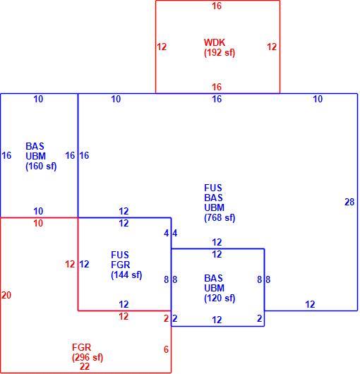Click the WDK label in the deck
tap(214, 42)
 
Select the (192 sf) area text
tap(220, 52)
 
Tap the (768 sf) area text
tap(220, 218)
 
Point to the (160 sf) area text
tap(41, 167)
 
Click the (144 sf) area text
tap(126, 275)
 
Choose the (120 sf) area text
tap(220, 298)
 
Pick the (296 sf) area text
tap(88, 357)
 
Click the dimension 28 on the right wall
tap(349, 203)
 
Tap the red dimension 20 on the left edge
tap(6, 295)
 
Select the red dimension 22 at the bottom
tap(85, 366)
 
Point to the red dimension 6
tap(167, 350)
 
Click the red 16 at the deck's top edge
tap(217, 6)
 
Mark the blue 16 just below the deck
tap(217, 99)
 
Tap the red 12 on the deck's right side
tap(272, 47)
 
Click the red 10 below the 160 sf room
tap(38, 224)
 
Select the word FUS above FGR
tap(120, 255)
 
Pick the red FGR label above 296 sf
tap(82, 347)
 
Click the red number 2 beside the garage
tap(167, 319)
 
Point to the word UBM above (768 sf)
tap(214, 207)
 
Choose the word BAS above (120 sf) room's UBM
tap(213, 278)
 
